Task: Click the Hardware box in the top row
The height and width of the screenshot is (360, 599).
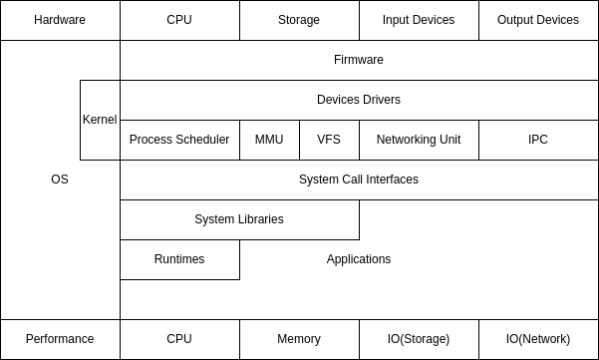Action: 60,20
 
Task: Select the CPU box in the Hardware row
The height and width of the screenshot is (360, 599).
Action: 179,20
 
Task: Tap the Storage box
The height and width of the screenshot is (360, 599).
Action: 299,20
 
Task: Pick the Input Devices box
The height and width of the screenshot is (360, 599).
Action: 419,20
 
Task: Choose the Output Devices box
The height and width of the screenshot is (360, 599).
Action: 538,20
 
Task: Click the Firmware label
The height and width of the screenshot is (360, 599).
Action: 359,60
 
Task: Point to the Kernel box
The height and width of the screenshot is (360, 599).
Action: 100,120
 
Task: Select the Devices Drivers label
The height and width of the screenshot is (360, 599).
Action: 359,100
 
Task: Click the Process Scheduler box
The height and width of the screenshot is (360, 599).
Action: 179,140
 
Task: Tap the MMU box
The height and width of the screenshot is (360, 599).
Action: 269,140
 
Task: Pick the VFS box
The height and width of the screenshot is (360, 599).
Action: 329,140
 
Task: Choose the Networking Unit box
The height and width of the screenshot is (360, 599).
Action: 419,140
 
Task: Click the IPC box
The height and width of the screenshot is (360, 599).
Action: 538,140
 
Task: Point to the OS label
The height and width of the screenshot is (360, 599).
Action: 60,180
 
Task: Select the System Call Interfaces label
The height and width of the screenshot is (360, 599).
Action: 359,180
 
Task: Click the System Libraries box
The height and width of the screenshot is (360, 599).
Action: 239,219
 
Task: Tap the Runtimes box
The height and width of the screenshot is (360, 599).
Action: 179,259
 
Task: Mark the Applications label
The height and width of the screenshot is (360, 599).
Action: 359,259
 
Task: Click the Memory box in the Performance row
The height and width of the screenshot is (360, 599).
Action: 299,339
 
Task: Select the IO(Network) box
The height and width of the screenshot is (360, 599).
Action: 538,339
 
